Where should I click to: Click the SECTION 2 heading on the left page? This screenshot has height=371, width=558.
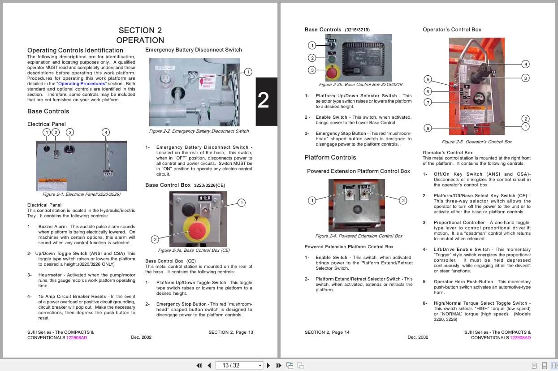(x=140, y=30)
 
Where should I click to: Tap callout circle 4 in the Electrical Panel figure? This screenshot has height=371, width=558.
(x=106, y=132)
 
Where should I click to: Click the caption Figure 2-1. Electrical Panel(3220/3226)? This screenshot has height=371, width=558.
(x=81, y=194)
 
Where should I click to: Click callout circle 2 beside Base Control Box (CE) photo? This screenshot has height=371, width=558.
(x=155, y=239)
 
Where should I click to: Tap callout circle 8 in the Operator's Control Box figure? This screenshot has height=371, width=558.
(x=428, y=128)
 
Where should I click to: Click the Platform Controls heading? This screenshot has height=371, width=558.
(x=330, y=157)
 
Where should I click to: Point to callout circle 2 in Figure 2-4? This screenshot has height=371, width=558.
(x=403, y=200)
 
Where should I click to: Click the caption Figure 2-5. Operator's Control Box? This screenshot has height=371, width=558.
(x=476, y=142)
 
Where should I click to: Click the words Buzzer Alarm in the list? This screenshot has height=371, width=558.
(x=52, y=227)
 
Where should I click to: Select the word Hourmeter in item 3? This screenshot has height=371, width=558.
(x=50, y=275)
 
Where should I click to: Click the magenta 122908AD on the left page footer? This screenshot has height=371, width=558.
(x=77, y=338)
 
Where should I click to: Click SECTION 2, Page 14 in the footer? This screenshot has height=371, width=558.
(x=327, y=332)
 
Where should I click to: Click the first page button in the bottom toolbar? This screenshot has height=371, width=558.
(x=199, y=365)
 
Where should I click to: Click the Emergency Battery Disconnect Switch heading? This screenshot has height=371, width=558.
(x=193, y=50)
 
